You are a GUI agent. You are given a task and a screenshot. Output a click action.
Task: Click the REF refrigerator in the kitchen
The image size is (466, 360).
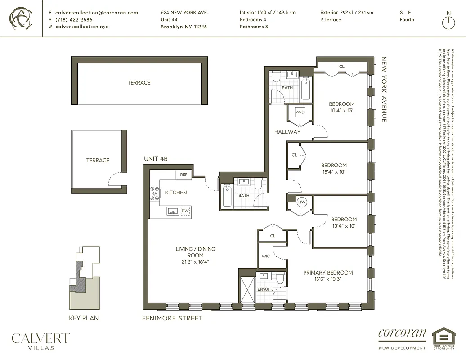click(184, 175)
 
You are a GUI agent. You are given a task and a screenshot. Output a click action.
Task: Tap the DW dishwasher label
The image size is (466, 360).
click(185, 211)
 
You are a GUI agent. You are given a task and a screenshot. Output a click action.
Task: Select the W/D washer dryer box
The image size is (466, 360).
click(300, 112)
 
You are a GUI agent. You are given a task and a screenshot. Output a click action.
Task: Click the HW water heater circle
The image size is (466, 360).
click(302, 202)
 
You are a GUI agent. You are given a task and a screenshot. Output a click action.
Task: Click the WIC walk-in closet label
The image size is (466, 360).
click(266, 256)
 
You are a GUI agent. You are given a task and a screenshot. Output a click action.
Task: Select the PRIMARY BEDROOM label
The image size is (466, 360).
click(327, 273)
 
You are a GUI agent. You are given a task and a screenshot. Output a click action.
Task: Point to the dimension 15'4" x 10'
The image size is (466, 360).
click(334, 171)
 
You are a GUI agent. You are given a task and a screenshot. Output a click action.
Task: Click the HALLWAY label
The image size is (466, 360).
click(287, 132)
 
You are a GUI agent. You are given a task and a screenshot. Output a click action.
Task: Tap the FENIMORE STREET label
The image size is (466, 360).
click(172, 318)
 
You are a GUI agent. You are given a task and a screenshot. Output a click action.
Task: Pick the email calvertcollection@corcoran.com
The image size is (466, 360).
click(96, 13)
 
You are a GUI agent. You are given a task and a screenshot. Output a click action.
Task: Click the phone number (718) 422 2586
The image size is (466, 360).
click(74, 20)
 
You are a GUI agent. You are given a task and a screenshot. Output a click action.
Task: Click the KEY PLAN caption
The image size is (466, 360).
click(84, 318)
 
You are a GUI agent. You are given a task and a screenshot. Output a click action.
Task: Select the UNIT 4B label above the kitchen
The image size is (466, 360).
click(156, 159)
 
